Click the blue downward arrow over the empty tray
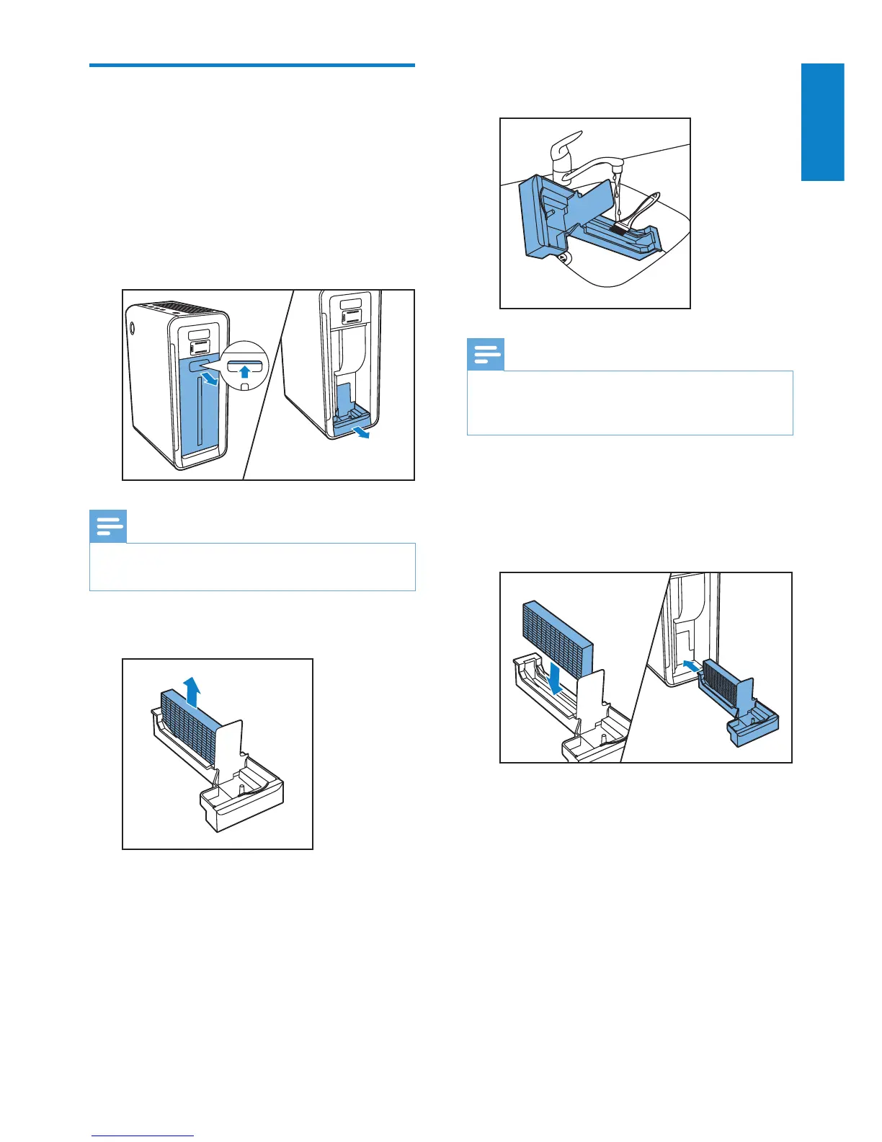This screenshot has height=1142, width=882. click(x=556, y=678)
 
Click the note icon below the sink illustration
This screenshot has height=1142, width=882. click(x=486, y=355)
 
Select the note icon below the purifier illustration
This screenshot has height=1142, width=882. click(x=108, y=527)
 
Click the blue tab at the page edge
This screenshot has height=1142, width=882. click(x=822, y=122)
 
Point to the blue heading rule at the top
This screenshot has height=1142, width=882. click(x=252, y=66)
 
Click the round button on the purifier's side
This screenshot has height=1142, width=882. click(x=133, y=327)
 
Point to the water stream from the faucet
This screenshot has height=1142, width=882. click(x=618, y=195)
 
